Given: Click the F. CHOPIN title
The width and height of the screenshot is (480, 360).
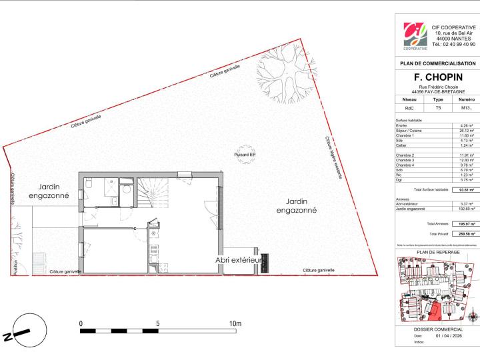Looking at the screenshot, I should [x=437, y=77].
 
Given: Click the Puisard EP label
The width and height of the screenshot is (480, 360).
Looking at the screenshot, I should [x=245, y=155].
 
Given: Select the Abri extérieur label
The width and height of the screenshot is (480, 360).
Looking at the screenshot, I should [x=237, y=260].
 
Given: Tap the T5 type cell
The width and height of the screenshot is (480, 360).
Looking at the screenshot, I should [x=438, y=107].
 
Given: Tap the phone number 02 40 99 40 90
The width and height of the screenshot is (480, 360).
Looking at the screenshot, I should [x=453, y=44].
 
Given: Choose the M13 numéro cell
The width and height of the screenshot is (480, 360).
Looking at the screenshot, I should [x=466, y=107].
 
